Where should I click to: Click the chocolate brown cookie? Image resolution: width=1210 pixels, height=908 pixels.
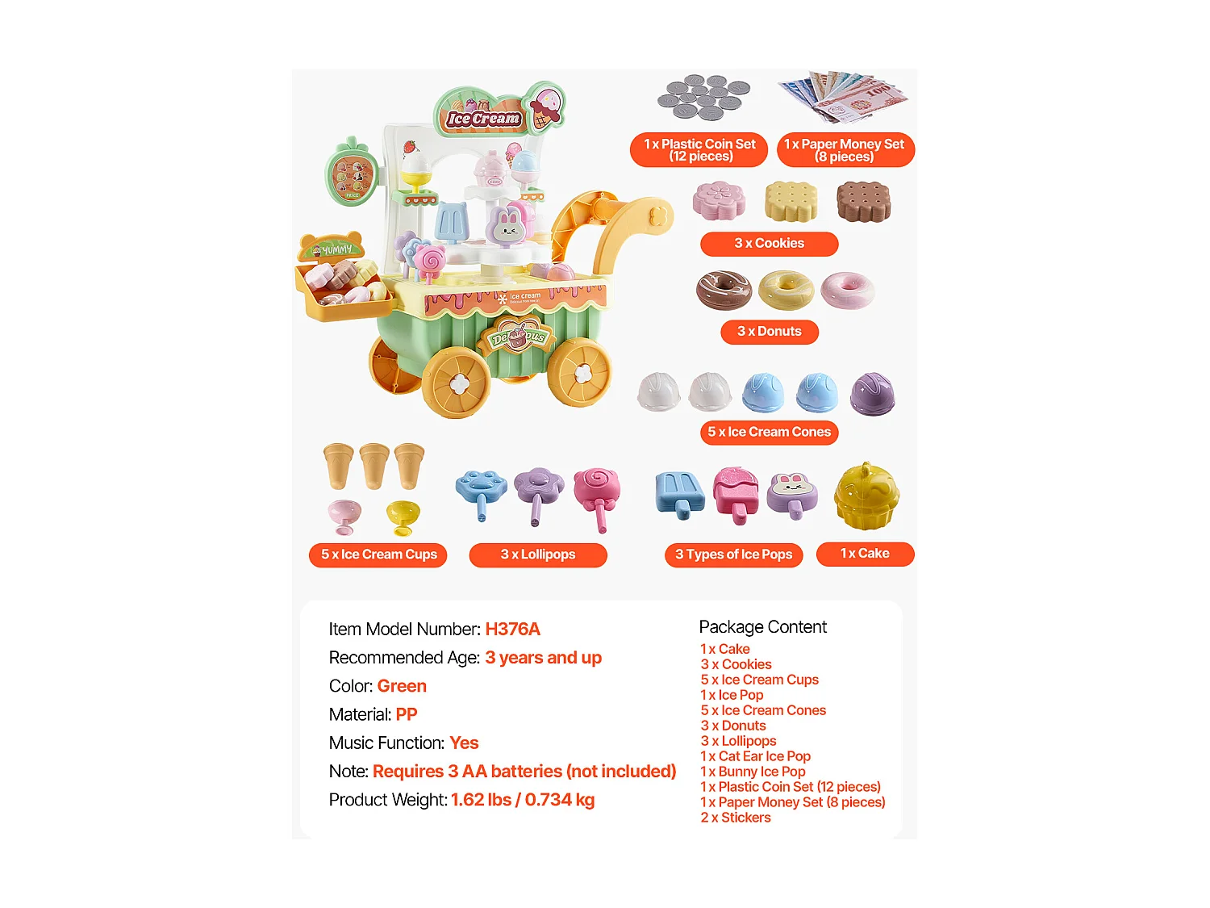(863, 201)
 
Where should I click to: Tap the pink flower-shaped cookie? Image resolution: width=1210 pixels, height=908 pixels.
(719, 200)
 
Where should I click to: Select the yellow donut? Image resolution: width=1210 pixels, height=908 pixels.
(786, 290)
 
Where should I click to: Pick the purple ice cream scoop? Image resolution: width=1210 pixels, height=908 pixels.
(872, 394)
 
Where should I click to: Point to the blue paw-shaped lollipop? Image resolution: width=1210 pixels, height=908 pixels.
(482, 491)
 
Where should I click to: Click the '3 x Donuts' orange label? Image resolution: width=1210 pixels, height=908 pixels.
(769, 332)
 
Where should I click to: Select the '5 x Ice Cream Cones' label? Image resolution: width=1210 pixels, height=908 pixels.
(769, 433)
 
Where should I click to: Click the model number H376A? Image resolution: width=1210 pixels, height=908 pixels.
(512, 630)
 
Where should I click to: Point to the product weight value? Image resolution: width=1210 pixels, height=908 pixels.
(522, 800)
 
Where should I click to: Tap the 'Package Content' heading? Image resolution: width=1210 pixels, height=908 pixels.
(762, 627)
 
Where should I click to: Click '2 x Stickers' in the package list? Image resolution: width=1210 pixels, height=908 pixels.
(736, 818)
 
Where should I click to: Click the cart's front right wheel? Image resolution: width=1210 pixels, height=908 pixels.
(579, 372)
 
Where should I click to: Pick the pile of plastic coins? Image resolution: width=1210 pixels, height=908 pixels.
(703, 98)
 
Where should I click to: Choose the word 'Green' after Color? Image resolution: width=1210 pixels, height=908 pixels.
(402, 686)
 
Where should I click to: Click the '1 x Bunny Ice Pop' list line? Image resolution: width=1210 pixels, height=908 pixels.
(753, 772)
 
